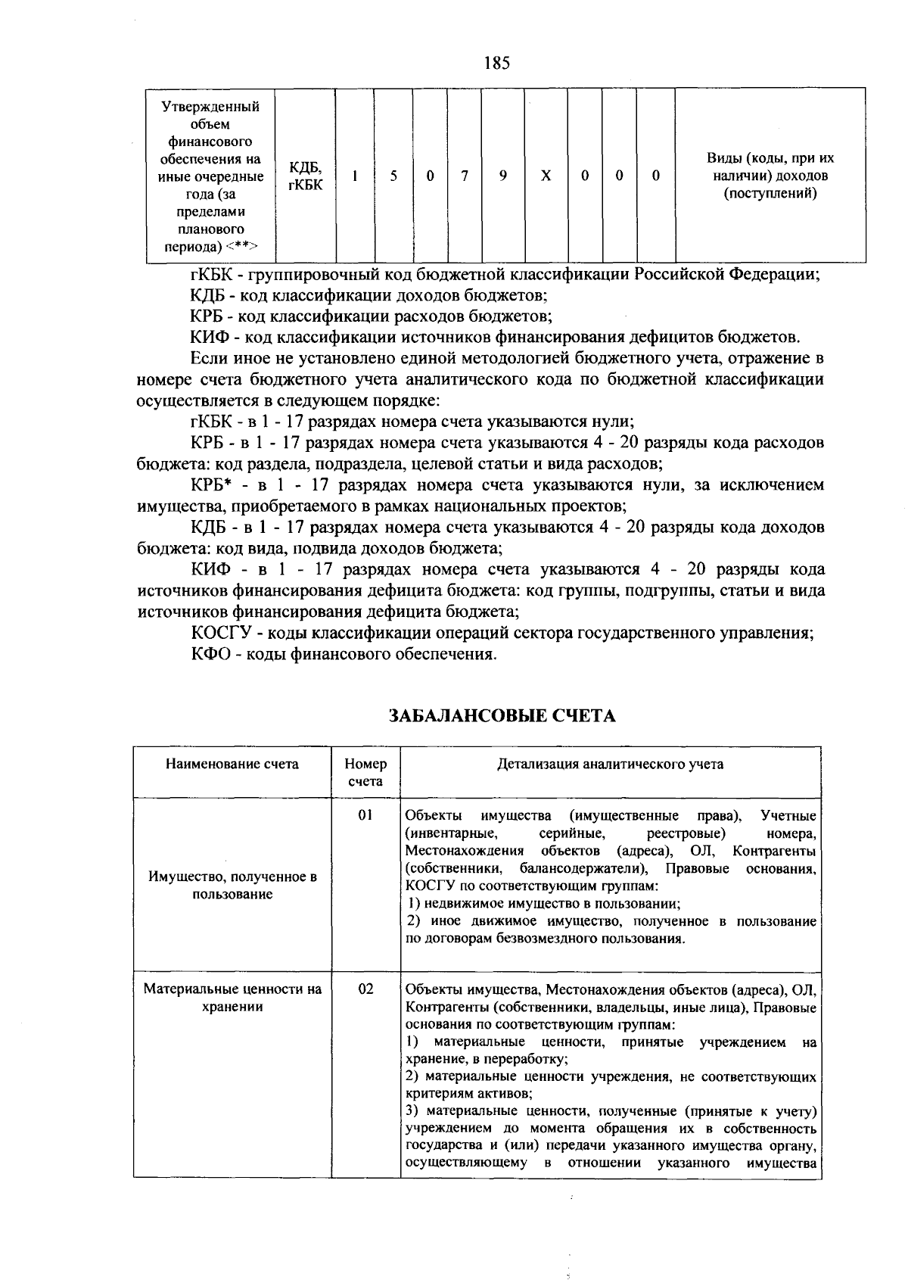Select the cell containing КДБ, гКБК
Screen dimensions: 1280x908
[x=305, y=176]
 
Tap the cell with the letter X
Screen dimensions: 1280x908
[x=546, y=176]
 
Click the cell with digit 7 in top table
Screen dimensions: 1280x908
[x=465, y=176]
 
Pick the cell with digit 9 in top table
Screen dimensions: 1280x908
[x=502, y=176]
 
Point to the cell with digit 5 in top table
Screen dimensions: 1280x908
[x=393, y=176]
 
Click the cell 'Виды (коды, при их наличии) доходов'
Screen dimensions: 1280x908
[x=770, y=176]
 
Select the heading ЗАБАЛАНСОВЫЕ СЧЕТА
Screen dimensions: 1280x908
[x=502, y=716]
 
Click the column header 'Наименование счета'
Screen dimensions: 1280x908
[x=232, y=764]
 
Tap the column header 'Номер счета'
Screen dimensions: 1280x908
[x=365, y=772]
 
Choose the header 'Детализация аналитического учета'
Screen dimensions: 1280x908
[x=610, y=764]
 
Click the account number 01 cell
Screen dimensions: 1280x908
[x=365, y=815]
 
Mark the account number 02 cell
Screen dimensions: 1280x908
[x=365, y=989]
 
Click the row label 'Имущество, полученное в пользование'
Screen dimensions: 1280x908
[x=232, y=886]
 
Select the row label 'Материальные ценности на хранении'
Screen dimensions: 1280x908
[x=232, y=998]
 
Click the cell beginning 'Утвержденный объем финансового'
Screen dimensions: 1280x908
[x=210, y=176]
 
